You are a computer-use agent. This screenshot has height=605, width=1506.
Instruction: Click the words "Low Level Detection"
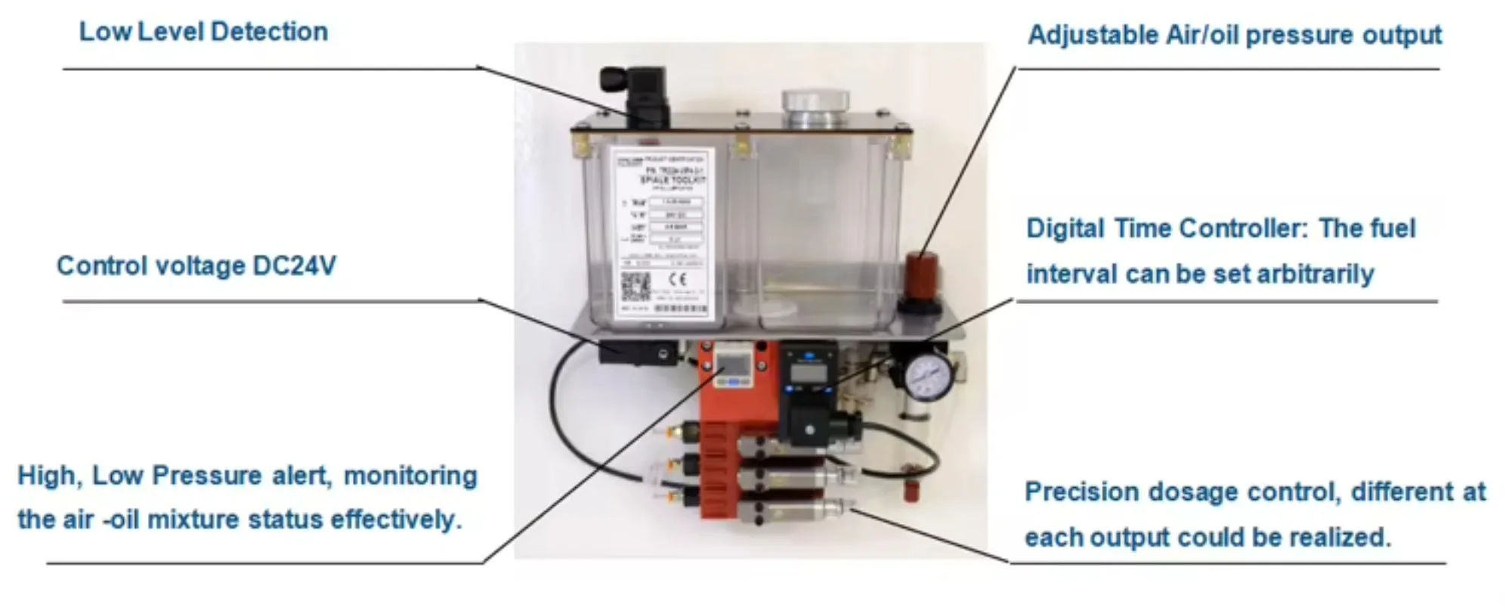click(x=203, y=32)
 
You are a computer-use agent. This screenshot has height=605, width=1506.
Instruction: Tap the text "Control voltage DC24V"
click(x=196, y=266)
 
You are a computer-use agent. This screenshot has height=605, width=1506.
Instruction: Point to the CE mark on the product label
click(x=677, y=279)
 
